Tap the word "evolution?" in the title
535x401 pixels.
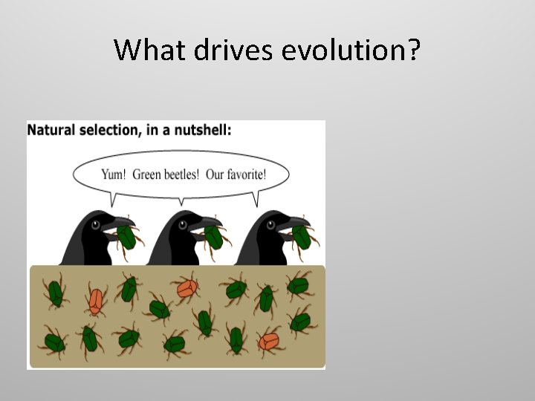(353, 50)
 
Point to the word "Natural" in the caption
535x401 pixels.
(51, 130)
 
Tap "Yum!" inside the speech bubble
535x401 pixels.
(114, 175)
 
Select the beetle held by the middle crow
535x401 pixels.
(214, 237)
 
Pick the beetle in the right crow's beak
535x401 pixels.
(302, 237)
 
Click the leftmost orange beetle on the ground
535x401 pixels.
(95, 299)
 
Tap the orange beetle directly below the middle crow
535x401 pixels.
(186, 287)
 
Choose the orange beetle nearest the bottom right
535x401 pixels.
(269, 342)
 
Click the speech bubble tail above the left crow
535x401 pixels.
(112, 199)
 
